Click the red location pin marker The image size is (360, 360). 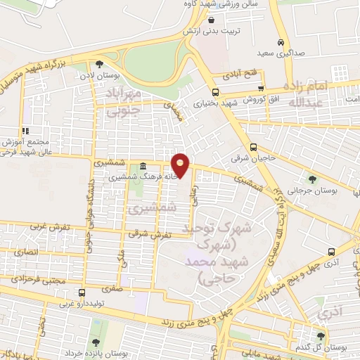(x=181, y=166)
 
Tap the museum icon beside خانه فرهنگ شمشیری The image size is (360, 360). (x=143, y=167)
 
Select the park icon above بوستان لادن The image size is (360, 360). (x=99, y=63)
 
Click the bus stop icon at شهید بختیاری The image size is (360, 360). (x=215, y=91)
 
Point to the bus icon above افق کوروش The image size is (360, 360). (x=261, y=89)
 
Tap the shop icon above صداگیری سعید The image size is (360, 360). (x=281, y=41)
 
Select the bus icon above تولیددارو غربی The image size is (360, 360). (x=82, y=292)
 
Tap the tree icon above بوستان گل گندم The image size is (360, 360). (x=321, y=336)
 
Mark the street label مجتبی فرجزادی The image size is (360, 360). (x=25, y=279)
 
